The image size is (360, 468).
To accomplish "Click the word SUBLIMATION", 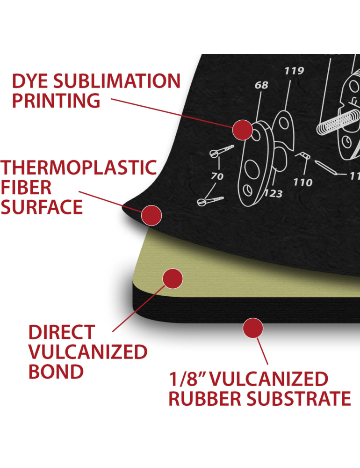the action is pyautogui.click(x=117, y=81).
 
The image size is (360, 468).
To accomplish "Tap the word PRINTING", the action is pyautogui.click(x=56, y=101).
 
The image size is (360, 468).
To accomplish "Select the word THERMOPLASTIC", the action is pyautogui.click(x=79, y=168).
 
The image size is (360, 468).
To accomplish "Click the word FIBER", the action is pyautogui.click(x=26, y=187).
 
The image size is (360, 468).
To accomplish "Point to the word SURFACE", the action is pyautogui.click(x=42, y=207).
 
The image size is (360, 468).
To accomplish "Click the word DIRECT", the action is pyautogui.click(x=62, y=332).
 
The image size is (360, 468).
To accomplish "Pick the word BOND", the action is pyautogui.click(x=56, y=372).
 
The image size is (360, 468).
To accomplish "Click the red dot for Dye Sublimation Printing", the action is pyautogui.click(x=243, y=130).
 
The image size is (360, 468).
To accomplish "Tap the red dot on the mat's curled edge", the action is pyautogui.click(x=151, y=215).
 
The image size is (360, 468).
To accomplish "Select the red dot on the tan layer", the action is pyautogui.click(x=173, y=278).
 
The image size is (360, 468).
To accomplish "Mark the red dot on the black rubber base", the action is pyautogui.click(x=253, y=328).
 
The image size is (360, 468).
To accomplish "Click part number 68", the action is pyautogui.click(x=261, y=85).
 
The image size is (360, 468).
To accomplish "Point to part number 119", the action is pyautogui.click(x=294, y=71).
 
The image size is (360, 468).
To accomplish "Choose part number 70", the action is pyautogui.click(x=217, y=176).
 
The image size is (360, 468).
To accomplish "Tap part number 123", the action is pyautogui.click(x=273, y=194).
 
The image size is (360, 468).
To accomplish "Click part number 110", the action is pyautogui.click(x=303, y=182).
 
